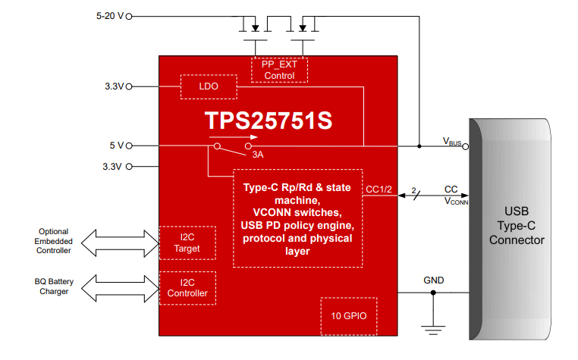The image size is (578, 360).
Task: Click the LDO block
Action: pyautogui.click(x=209, y=86)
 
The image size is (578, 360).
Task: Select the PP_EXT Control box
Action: pyautogui.click(x=279, y=70)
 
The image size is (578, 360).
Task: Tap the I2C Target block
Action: pyautogui.click(x=187, y=243)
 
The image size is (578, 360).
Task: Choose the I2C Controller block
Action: pyautogui.click(x=187, y=288)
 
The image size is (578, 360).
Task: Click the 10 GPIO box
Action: pyautogui.click(x=349, y=316)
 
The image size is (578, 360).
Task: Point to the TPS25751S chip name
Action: pyautogui.click(x=269, y=121)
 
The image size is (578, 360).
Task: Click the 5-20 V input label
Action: pyautogui.click(x=110, y=16)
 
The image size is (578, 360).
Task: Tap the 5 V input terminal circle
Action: pyautogui.click(x=129, y=146)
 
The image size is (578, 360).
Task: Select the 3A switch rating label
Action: pyautogui.click(x=258, y=155)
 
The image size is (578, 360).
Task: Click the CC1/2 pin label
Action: pyautogui.click(x=379, y=189)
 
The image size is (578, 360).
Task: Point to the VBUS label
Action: pyautogui.click(x=452, y=142)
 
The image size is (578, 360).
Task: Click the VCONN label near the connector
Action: pyautogui.click(x=457, y=201)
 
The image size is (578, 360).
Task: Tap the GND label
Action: pyautogui.click(x=434, y=280)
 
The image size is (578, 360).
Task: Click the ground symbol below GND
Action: pyautogui.click(x=433, y=330)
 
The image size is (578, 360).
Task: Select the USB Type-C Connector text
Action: pyautogui.click(x=517, y=226)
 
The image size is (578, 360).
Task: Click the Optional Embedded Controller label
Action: pyautogui.click(x=53, y=241)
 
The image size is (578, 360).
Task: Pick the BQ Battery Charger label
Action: pyautogui.click(x=54, y=286)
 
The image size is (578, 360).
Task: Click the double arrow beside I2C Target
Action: pyautogui.click(x=120, y=243)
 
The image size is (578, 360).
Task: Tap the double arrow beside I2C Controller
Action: pyautogui.click(x=120, y=288)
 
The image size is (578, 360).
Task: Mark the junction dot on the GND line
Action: pyautogui.click(x=433, y=293)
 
